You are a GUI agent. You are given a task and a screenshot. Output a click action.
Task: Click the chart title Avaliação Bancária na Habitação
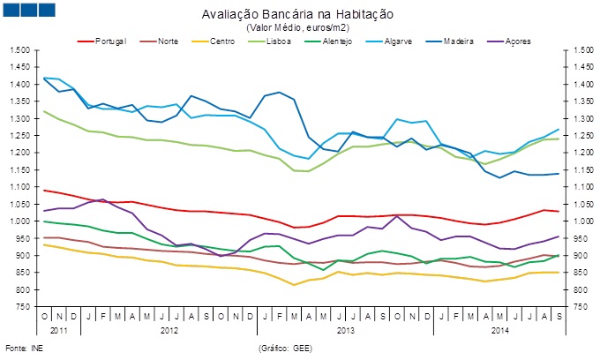click(309, 15)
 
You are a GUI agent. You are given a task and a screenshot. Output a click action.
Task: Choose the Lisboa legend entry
click(281, 41)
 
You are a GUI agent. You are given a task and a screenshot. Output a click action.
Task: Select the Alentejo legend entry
click(338, 41)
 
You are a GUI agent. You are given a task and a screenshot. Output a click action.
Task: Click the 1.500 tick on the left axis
click(19, 50)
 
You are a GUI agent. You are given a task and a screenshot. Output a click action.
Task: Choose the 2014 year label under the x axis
click(499, 330)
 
